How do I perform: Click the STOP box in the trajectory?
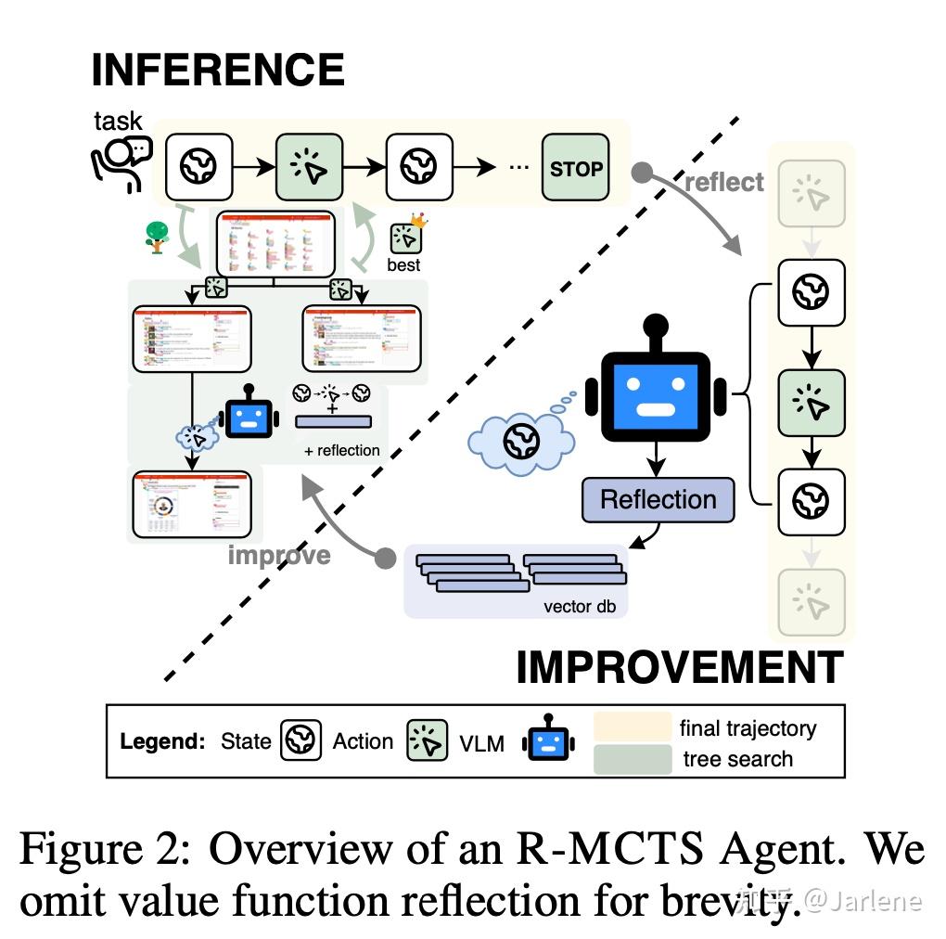click(576, 168)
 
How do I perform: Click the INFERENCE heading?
click(218, 71)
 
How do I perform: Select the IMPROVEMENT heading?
click(679, 667)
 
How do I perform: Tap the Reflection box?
click(658, 499)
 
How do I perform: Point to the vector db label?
click(579, 606)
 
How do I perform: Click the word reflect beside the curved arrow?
click(724, 182)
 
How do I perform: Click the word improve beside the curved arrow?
click(279, 555)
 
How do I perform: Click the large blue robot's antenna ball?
click(657, 326)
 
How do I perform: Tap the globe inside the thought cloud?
click(521, 440)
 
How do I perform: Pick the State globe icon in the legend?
click(300, 741)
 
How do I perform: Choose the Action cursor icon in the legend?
click(427, 741)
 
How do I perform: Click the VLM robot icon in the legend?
click(548, 741)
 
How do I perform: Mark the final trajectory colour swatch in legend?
click(632, 727)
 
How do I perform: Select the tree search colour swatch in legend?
click(632, 759)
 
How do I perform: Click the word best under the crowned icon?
click(403, 264)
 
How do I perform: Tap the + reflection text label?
click(341, 450)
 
